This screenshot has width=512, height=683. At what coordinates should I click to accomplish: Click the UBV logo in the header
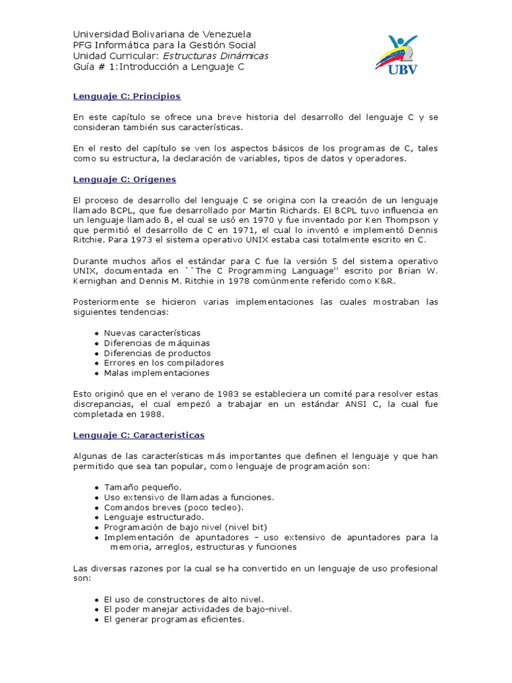coord(397,55)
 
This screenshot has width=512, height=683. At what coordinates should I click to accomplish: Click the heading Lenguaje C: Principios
coord(127,96)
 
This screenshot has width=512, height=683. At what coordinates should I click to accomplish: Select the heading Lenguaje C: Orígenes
coord(124,179)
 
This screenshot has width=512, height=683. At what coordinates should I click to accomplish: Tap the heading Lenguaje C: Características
coord(139,435)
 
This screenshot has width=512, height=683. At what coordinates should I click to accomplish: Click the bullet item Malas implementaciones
coord(156,373)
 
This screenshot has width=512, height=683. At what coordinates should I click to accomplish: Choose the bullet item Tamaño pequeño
coord(143,487)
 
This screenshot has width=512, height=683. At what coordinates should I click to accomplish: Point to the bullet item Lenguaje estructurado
coord(154,517)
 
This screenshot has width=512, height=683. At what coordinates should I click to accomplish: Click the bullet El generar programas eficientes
coord(174,619)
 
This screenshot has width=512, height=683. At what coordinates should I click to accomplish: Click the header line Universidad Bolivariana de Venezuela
coord(162,34)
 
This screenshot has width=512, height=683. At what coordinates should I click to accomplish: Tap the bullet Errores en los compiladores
coord(163,363)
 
